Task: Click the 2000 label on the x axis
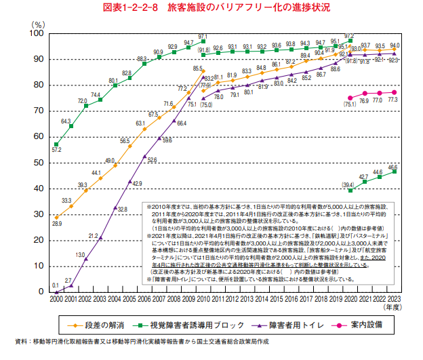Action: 56,298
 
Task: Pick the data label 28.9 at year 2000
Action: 57,223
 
